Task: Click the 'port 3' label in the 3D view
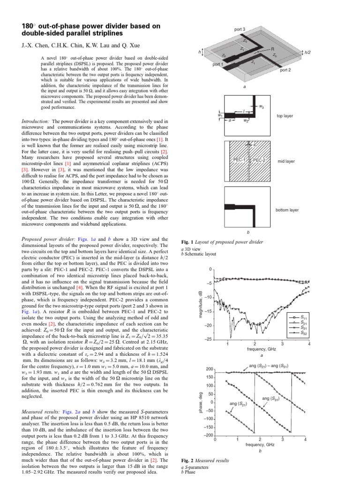240,30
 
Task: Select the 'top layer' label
285,115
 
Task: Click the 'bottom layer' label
287,210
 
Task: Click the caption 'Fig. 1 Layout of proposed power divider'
222,242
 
